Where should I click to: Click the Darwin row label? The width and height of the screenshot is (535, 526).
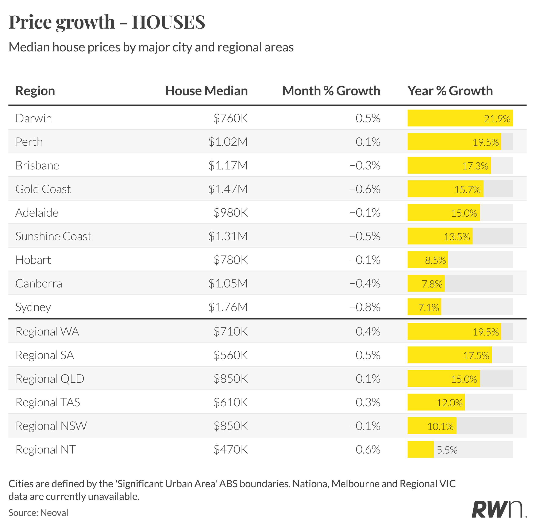(34, 118)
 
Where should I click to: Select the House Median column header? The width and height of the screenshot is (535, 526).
(206, 91)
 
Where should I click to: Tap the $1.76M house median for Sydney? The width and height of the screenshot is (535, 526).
(228, 307)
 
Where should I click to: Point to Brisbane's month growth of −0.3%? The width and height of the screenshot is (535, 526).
(365, 165)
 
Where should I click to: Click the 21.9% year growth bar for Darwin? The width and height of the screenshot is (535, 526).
(460, 118)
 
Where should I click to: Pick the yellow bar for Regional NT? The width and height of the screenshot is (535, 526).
(420, 450)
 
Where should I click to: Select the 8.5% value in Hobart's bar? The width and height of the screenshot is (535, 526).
(435, 260)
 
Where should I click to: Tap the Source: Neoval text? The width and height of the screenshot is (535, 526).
(38, 513)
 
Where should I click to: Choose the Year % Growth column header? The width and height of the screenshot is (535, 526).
(450, 91)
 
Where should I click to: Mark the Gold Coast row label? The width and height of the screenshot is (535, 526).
(43, 189)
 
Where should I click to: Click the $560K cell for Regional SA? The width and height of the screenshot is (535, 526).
(231, 355)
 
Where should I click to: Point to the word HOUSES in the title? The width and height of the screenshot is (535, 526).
(168, 22)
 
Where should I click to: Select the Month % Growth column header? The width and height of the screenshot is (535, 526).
(331, 91)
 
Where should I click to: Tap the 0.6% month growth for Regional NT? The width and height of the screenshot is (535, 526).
(368, 450)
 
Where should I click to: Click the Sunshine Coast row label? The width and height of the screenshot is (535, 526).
(53, 236)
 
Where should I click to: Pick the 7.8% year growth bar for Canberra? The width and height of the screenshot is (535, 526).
(426, 283)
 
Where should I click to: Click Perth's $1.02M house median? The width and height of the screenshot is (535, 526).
(228, 142)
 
